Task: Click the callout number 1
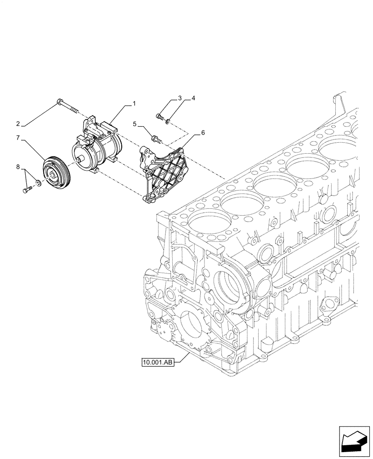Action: tap(134, 104)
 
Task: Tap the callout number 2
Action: tap(18, 123)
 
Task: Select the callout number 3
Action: tap(180, 98)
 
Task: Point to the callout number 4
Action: tap(193, 98)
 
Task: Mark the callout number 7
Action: tap(18, 137)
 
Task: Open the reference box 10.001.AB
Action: tap(158, 363)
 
